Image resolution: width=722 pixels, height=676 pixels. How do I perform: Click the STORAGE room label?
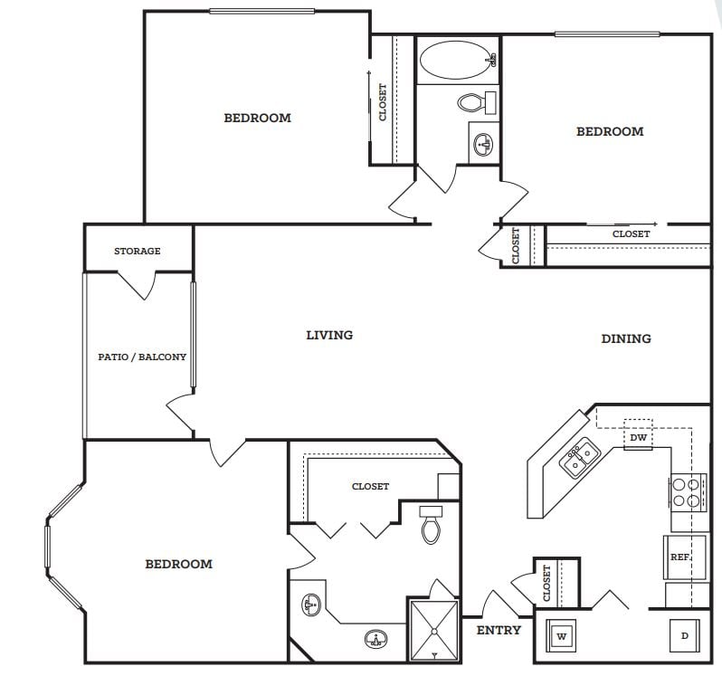[138, 251]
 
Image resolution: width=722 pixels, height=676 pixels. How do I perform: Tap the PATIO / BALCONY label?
[142, 357]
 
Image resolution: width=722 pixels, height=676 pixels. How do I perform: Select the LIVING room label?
[329, 335]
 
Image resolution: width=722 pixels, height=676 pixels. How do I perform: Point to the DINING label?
[626, 338]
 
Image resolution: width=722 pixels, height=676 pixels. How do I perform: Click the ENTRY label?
[499, 630]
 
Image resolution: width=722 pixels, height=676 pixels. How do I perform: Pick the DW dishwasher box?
[638, 434]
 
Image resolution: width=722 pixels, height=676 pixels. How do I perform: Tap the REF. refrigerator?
[685, 557]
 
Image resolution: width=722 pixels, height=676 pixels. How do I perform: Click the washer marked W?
[561, 636]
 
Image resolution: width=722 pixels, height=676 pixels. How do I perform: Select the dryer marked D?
[685, 636]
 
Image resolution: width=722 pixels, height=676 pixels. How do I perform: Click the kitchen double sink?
[580, 457]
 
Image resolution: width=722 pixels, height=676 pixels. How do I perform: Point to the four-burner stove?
[688, 492]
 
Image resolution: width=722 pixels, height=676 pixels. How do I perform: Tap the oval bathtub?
[458, 60]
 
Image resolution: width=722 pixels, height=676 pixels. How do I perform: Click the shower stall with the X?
[434, 631]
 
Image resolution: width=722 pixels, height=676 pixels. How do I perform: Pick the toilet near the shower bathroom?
[431, 525]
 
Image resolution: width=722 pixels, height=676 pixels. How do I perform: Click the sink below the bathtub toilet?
[483, 144]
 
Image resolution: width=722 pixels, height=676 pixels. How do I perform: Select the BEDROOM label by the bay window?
[178, 564]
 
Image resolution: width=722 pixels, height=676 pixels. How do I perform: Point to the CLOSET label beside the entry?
[546, 583]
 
